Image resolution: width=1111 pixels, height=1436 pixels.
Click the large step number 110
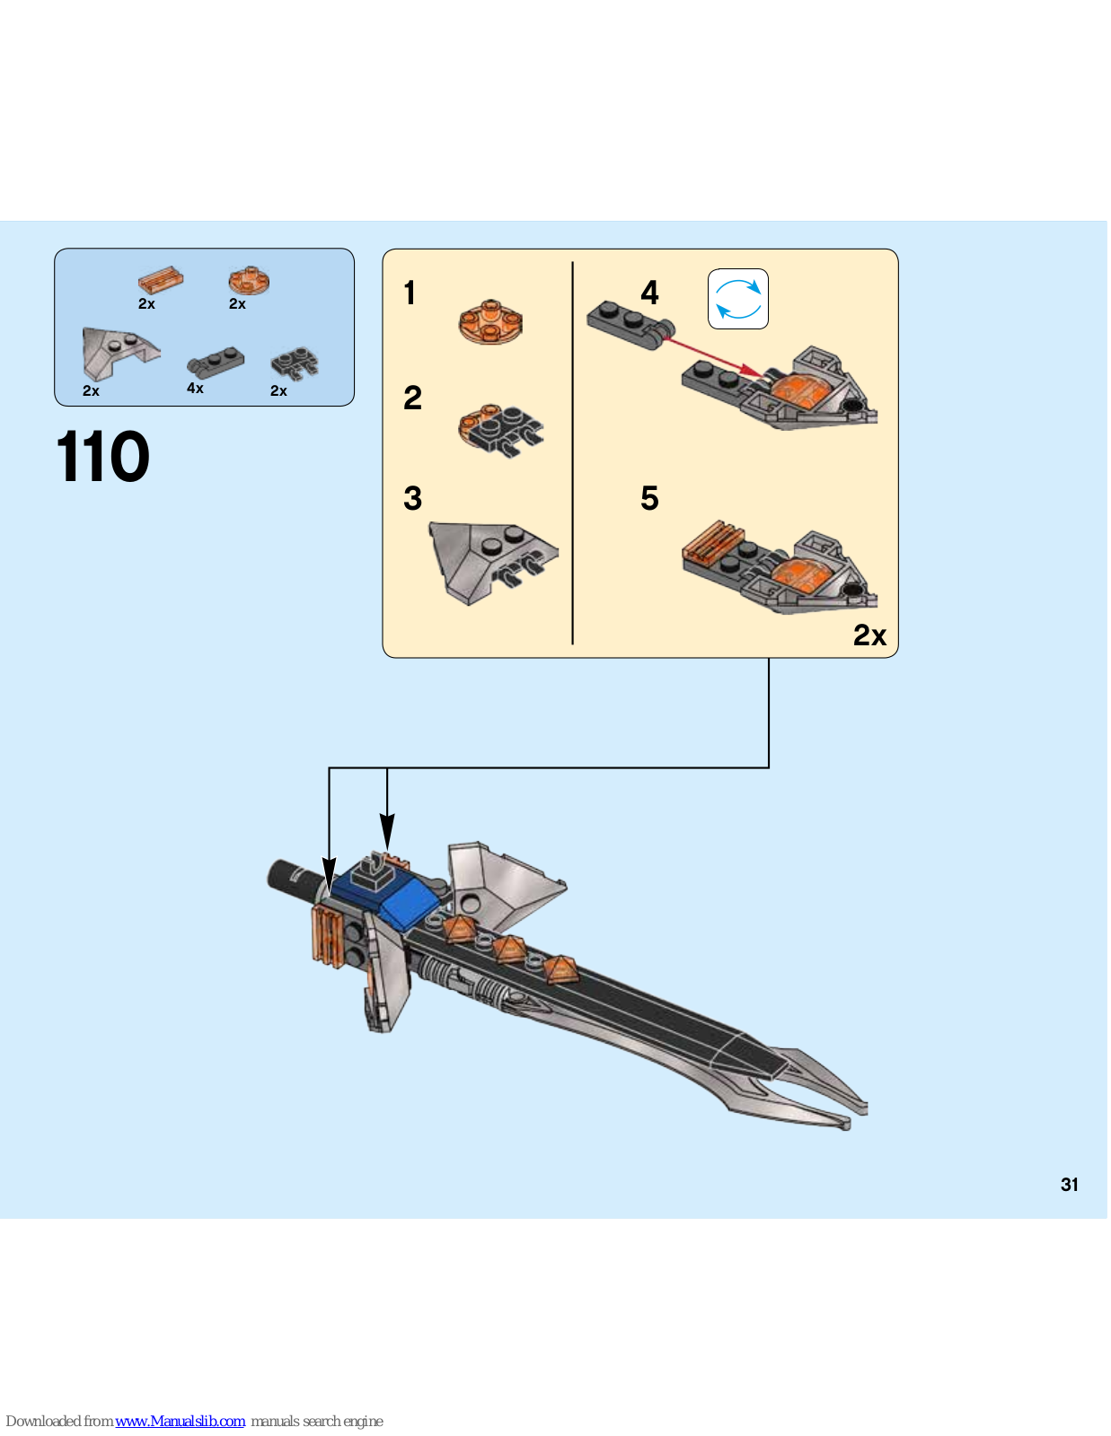point(102,458)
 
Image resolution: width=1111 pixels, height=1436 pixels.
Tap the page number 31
point(1069,1185)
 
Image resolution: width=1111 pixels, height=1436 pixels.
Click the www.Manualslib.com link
point(180,1422)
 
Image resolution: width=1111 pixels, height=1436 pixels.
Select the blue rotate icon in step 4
point(738,299)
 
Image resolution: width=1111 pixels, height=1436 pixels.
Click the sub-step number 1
point(410,293)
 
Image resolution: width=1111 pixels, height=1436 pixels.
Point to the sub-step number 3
point(412,499)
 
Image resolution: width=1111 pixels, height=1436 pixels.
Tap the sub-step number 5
point(649,499)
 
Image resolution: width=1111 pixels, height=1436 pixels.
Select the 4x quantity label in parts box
point(195,389)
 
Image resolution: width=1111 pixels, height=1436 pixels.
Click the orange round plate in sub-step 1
point(490,323)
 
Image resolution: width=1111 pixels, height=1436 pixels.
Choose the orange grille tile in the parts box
point(161,279)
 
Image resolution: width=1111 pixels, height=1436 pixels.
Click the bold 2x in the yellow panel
point(869,635)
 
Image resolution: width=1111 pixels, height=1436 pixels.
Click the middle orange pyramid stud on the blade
point(508,948)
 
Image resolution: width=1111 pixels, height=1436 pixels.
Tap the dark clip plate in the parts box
point(295,364)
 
